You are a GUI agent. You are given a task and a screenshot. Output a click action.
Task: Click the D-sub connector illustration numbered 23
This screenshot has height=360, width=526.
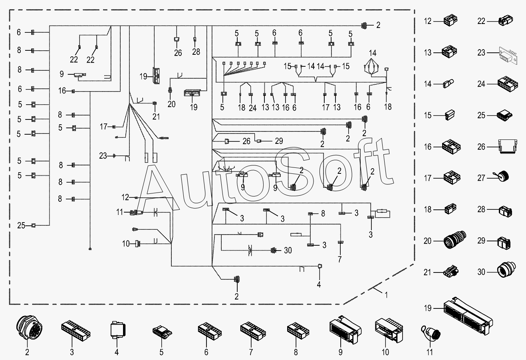[508, 55]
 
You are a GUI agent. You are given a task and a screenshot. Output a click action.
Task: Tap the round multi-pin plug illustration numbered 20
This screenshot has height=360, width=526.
[455, 240]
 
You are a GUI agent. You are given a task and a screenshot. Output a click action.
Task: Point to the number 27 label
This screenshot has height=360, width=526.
[481, 178]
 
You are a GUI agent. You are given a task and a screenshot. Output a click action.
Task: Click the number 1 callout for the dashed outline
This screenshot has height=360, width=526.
[386, 295]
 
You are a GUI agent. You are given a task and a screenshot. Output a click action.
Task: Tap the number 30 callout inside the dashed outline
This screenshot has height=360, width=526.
[288, 250]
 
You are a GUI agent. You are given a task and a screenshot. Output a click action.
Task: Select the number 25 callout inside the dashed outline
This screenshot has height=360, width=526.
[21, 226]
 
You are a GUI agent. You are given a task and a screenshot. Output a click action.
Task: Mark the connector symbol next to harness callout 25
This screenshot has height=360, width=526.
[34, 225]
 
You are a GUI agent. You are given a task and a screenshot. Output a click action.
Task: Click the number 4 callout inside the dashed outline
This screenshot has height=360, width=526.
[319, 284]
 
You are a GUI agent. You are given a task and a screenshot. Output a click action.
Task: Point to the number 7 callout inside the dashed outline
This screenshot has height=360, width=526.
[339, 259]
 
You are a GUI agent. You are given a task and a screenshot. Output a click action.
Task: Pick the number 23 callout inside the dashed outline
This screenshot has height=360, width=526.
[103, 156]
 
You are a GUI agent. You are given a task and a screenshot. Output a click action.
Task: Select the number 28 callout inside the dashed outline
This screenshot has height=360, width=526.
[196, 52]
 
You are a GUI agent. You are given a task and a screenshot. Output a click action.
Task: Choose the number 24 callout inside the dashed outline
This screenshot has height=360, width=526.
[252, 108]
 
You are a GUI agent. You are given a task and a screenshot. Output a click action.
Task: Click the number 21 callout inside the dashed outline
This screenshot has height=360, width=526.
[156, 117]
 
